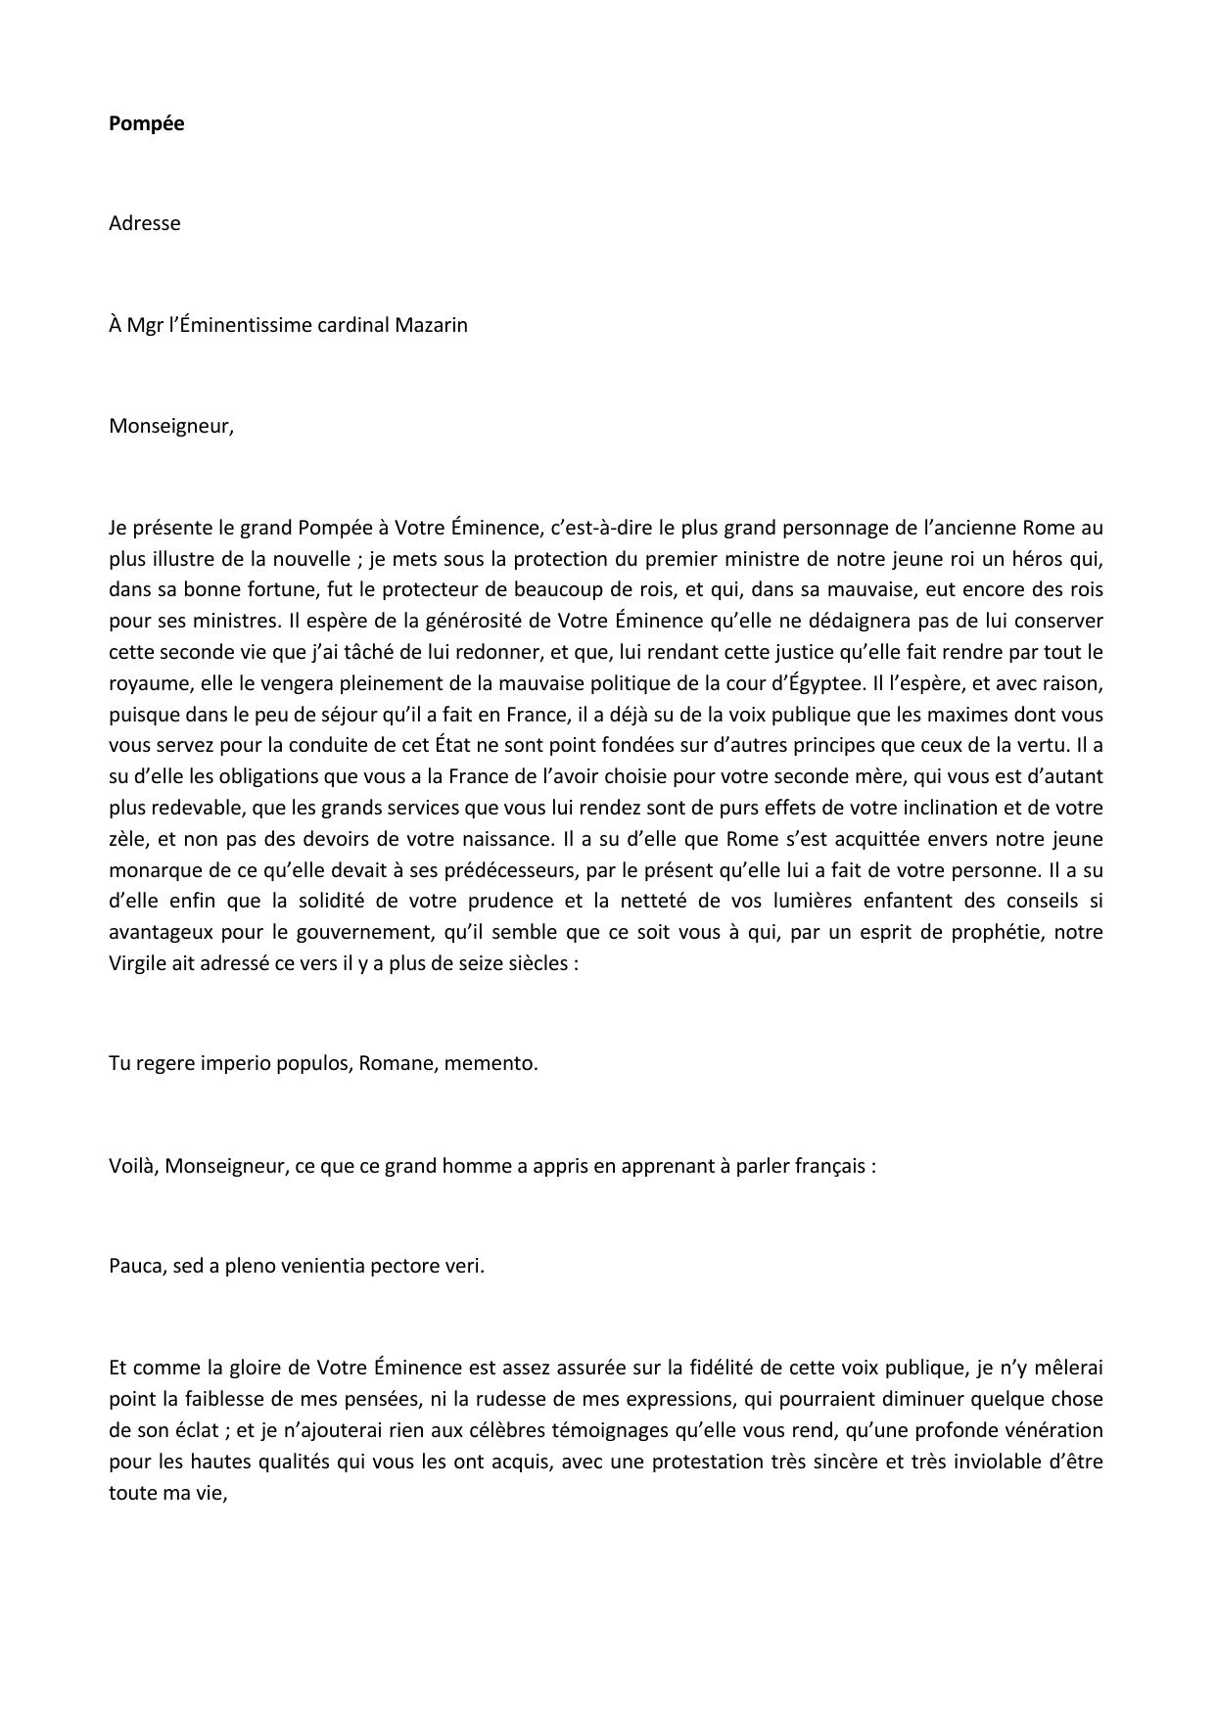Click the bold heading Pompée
146,123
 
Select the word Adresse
144,223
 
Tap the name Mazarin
431,325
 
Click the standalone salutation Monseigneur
170,427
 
